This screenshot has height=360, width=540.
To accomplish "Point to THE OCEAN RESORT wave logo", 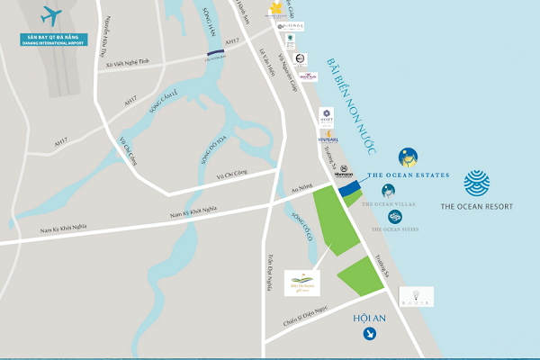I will point(477,183).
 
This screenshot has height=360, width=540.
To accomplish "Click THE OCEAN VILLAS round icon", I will point(388,191).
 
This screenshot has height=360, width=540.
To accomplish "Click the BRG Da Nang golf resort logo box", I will point(298,283).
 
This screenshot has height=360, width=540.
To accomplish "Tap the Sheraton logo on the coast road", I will point(345,170).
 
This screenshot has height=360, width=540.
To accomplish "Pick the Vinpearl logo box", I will point(328,136).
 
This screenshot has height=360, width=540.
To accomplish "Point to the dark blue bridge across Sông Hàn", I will point(215,55).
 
